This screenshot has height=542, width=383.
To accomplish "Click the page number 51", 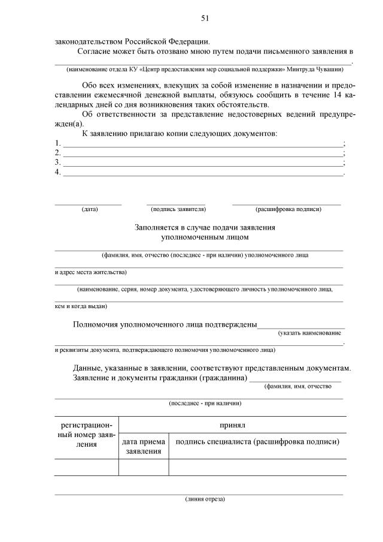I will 204,19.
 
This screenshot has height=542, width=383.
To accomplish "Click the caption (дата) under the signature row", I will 90,209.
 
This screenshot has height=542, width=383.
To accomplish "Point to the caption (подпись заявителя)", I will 178,209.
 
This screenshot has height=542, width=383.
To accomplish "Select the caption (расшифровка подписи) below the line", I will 288,209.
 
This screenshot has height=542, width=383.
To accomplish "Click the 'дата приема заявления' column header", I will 144,447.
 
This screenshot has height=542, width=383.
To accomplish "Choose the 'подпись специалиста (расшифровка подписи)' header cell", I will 257,442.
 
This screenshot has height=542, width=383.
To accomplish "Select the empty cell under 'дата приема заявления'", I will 144,467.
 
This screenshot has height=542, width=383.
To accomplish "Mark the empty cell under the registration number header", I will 87,467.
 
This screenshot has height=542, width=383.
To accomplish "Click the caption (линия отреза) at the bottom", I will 205,499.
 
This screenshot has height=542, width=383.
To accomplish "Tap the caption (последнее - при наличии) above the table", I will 205,403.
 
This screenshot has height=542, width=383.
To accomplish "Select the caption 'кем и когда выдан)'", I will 81,306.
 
